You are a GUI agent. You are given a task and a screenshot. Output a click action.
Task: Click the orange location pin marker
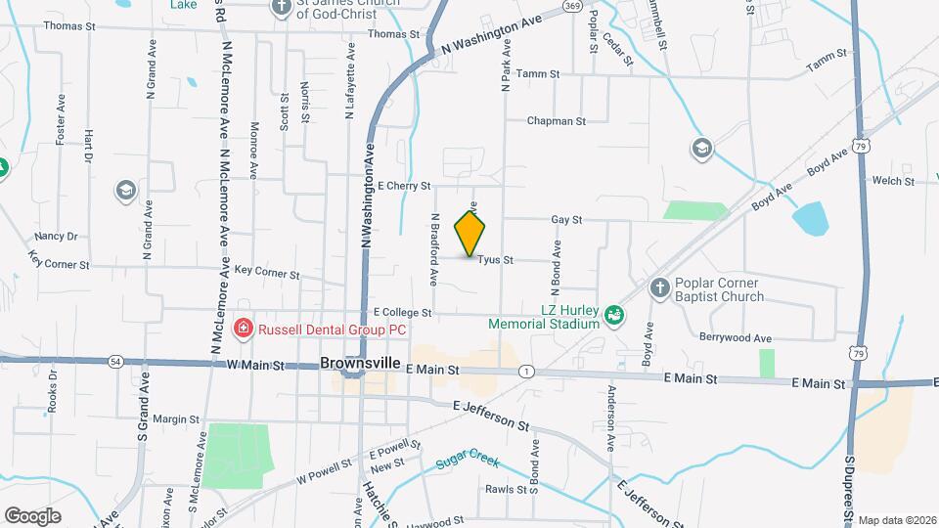pyautogui.click(x=469, y=234)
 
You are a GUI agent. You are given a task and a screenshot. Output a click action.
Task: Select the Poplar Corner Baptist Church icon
pyautogui.click(x=660, y=288)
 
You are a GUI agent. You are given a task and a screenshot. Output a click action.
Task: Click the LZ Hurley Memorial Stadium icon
pyautogui.click(x=613, y=315)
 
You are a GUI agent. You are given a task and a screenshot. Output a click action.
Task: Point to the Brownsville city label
pyautogui.click(x=360, y=363)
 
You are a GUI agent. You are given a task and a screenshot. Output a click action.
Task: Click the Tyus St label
pyautogui.click(x=496, y=260)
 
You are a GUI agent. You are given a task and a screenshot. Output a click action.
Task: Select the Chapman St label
pyautogui.click(x=556, y=122)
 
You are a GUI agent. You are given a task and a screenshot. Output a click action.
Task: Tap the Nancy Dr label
pyautogui.click(x=56, y=237)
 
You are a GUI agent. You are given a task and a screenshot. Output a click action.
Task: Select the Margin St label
pyautogui.click(x=176, y=419)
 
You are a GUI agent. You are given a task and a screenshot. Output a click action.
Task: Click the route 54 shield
pyautogui.click(x=115, y=361)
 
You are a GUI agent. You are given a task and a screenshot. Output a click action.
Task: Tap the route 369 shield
pyautogui.click(x=574, y=7)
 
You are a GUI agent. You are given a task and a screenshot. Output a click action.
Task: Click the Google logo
pyautogui.click(x=32, y=516)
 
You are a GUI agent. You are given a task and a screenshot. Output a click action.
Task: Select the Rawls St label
pyautogui.click(x=507, y=489)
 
